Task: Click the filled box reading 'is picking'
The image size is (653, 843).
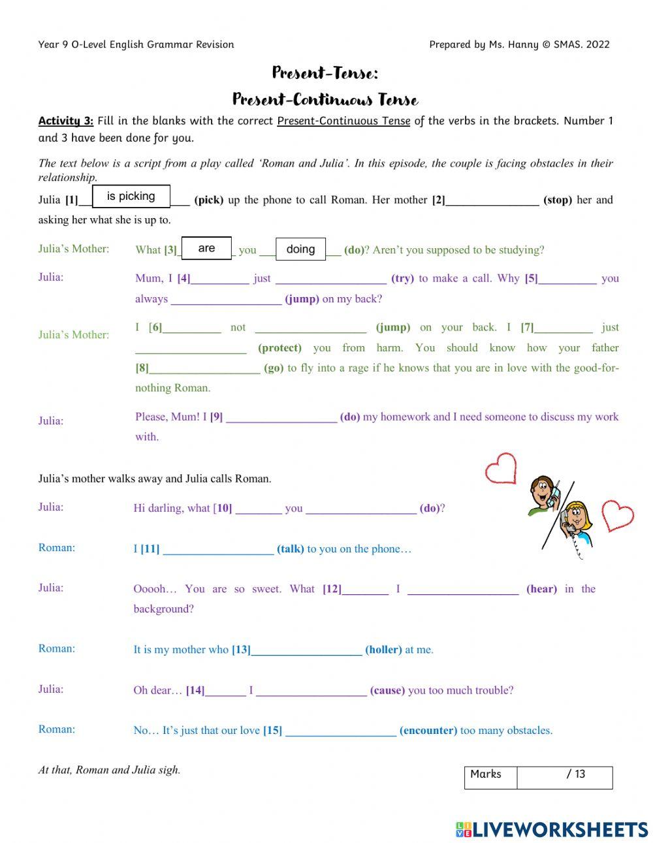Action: coord(131,196)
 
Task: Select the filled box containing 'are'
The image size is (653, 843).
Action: coord(206,248)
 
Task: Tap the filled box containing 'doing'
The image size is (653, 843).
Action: coord(300,249)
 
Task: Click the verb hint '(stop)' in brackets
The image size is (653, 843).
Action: coord(557,200)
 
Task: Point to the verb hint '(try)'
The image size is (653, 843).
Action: coord(402,278)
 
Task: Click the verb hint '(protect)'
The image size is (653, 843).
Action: coord(279,348)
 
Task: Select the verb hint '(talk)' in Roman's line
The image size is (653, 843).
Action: coord(291,549)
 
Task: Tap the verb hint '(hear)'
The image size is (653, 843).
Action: coord(541,589)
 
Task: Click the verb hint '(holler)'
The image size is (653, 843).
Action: coord(383,650)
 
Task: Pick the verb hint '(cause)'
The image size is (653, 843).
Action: coord(387,690)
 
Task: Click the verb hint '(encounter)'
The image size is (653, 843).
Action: coord(428,731)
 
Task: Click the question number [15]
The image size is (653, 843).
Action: coord(272,731)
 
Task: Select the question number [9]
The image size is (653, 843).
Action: coord(216,417)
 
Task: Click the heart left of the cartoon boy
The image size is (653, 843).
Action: coord(501,468)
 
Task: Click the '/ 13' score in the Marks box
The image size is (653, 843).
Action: coord(575,774)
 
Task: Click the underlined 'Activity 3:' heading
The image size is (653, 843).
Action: coord(66,121)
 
